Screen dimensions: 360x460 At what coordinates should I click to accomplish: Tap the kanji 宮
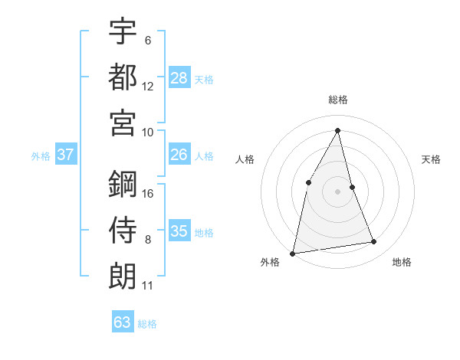pos(123,122)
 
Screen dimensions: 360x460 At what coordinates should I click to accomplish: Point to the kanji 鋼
pos(123,184)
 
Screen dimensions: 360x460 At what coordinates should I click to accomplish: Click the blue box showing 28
pos(179,77)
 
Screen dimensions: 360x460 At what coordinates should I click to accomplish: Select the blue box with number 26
pos(179,155)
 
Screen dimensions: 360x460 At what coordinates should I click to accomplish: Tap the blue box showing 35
pos(179,231)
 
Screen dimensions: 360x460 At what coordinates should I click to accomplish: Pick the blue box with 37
pos(66,155)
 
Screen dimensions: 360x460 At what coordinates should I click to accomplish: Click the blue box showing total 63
pos(123,322)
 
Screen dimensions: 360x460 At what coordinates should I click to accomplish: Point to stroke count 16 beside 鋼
pos(148,194)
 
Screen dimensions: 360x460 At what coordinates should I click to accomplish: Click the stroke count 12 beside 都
pos(148,87)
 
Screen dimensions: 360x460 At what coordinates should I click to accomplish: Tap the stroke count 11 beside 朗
pos(148,286)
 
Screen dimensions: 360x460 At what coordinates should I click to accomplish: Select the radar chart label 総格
pos(337,100)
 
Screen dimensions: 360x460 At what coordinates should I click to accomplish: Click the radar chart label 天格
pos(432,159)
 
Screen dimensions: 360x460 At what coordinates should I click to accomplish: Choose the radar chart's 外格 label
pos(270,262)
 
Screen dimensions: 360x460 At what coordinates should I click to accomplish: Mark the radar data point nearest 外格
pos(293,253)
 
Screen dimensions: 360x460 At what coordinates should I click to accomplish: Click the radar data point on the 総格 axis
pos(337,129)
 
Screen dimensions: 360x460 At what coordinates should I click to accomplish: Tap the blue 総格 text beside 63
pos(147,324)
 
